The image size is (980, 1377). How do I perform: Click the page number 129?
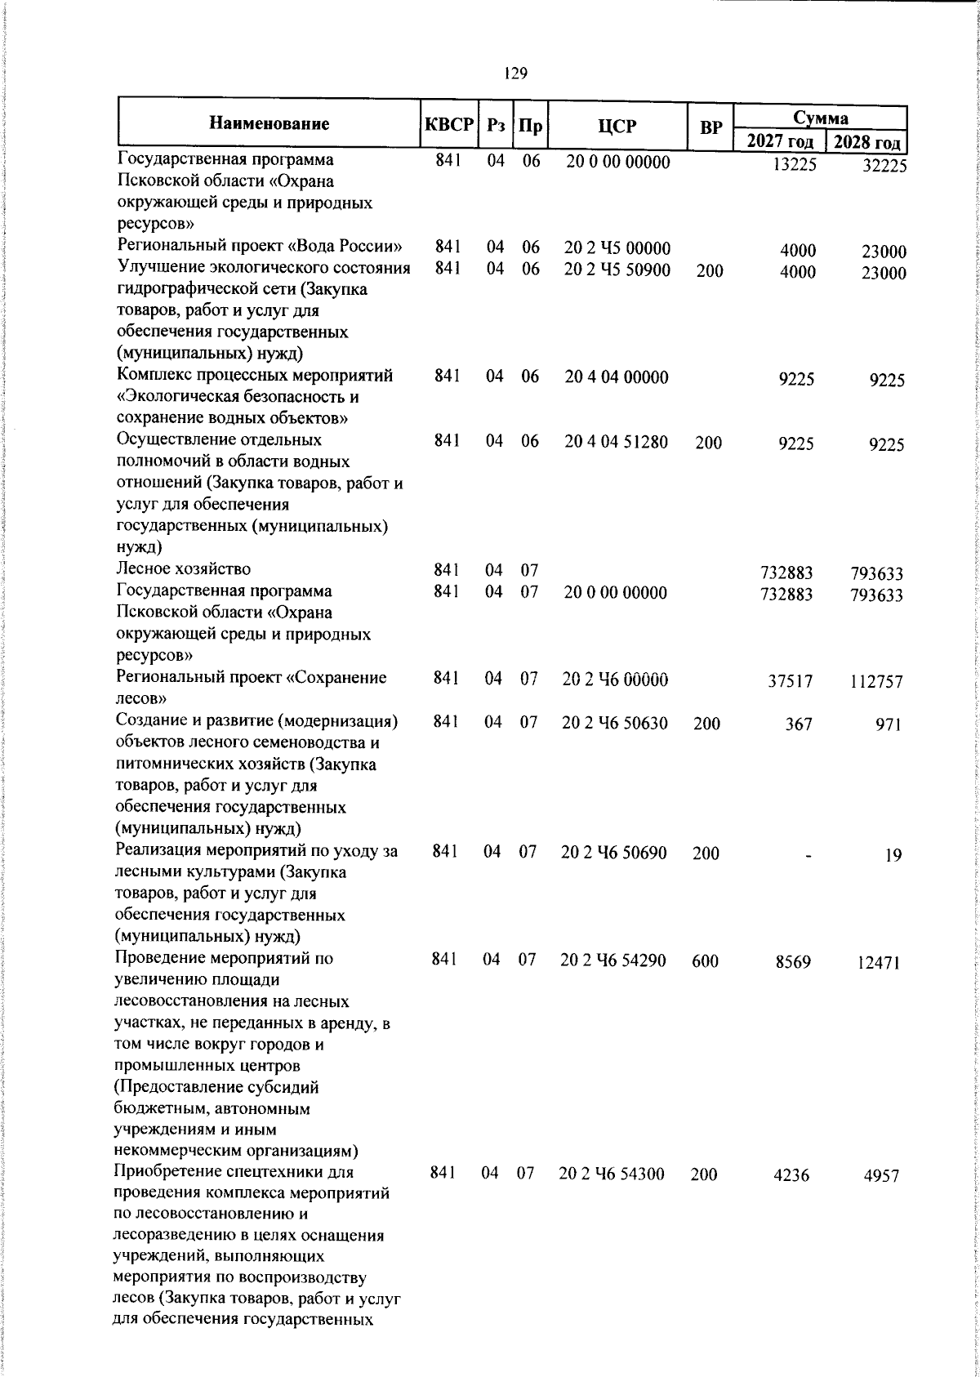point(515,74)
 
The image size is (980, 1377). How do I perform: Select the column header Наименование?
point(269,124)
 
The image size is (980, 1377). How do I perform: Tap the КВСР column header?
point(448,125)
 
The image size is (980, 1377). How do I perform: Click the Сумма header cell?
point(821,117)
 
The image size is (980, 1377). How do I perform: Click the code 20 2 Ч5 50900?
point(617,270)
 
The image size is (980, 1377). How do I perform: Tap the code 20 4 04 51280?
point(616,443)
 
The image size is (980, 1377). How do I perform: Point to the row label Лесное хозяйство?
point(184,568)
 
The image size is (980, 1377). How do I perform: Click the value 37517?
point(791,681)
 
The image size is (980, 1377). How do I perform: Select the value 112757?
point(875,681)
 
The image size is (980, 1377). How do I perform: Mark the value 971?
point(889,724)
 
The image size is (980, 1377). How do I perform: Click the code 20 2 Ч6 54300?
point(612,1174)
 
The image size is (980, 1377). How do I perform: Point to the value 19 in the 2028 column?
point(893,855)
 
